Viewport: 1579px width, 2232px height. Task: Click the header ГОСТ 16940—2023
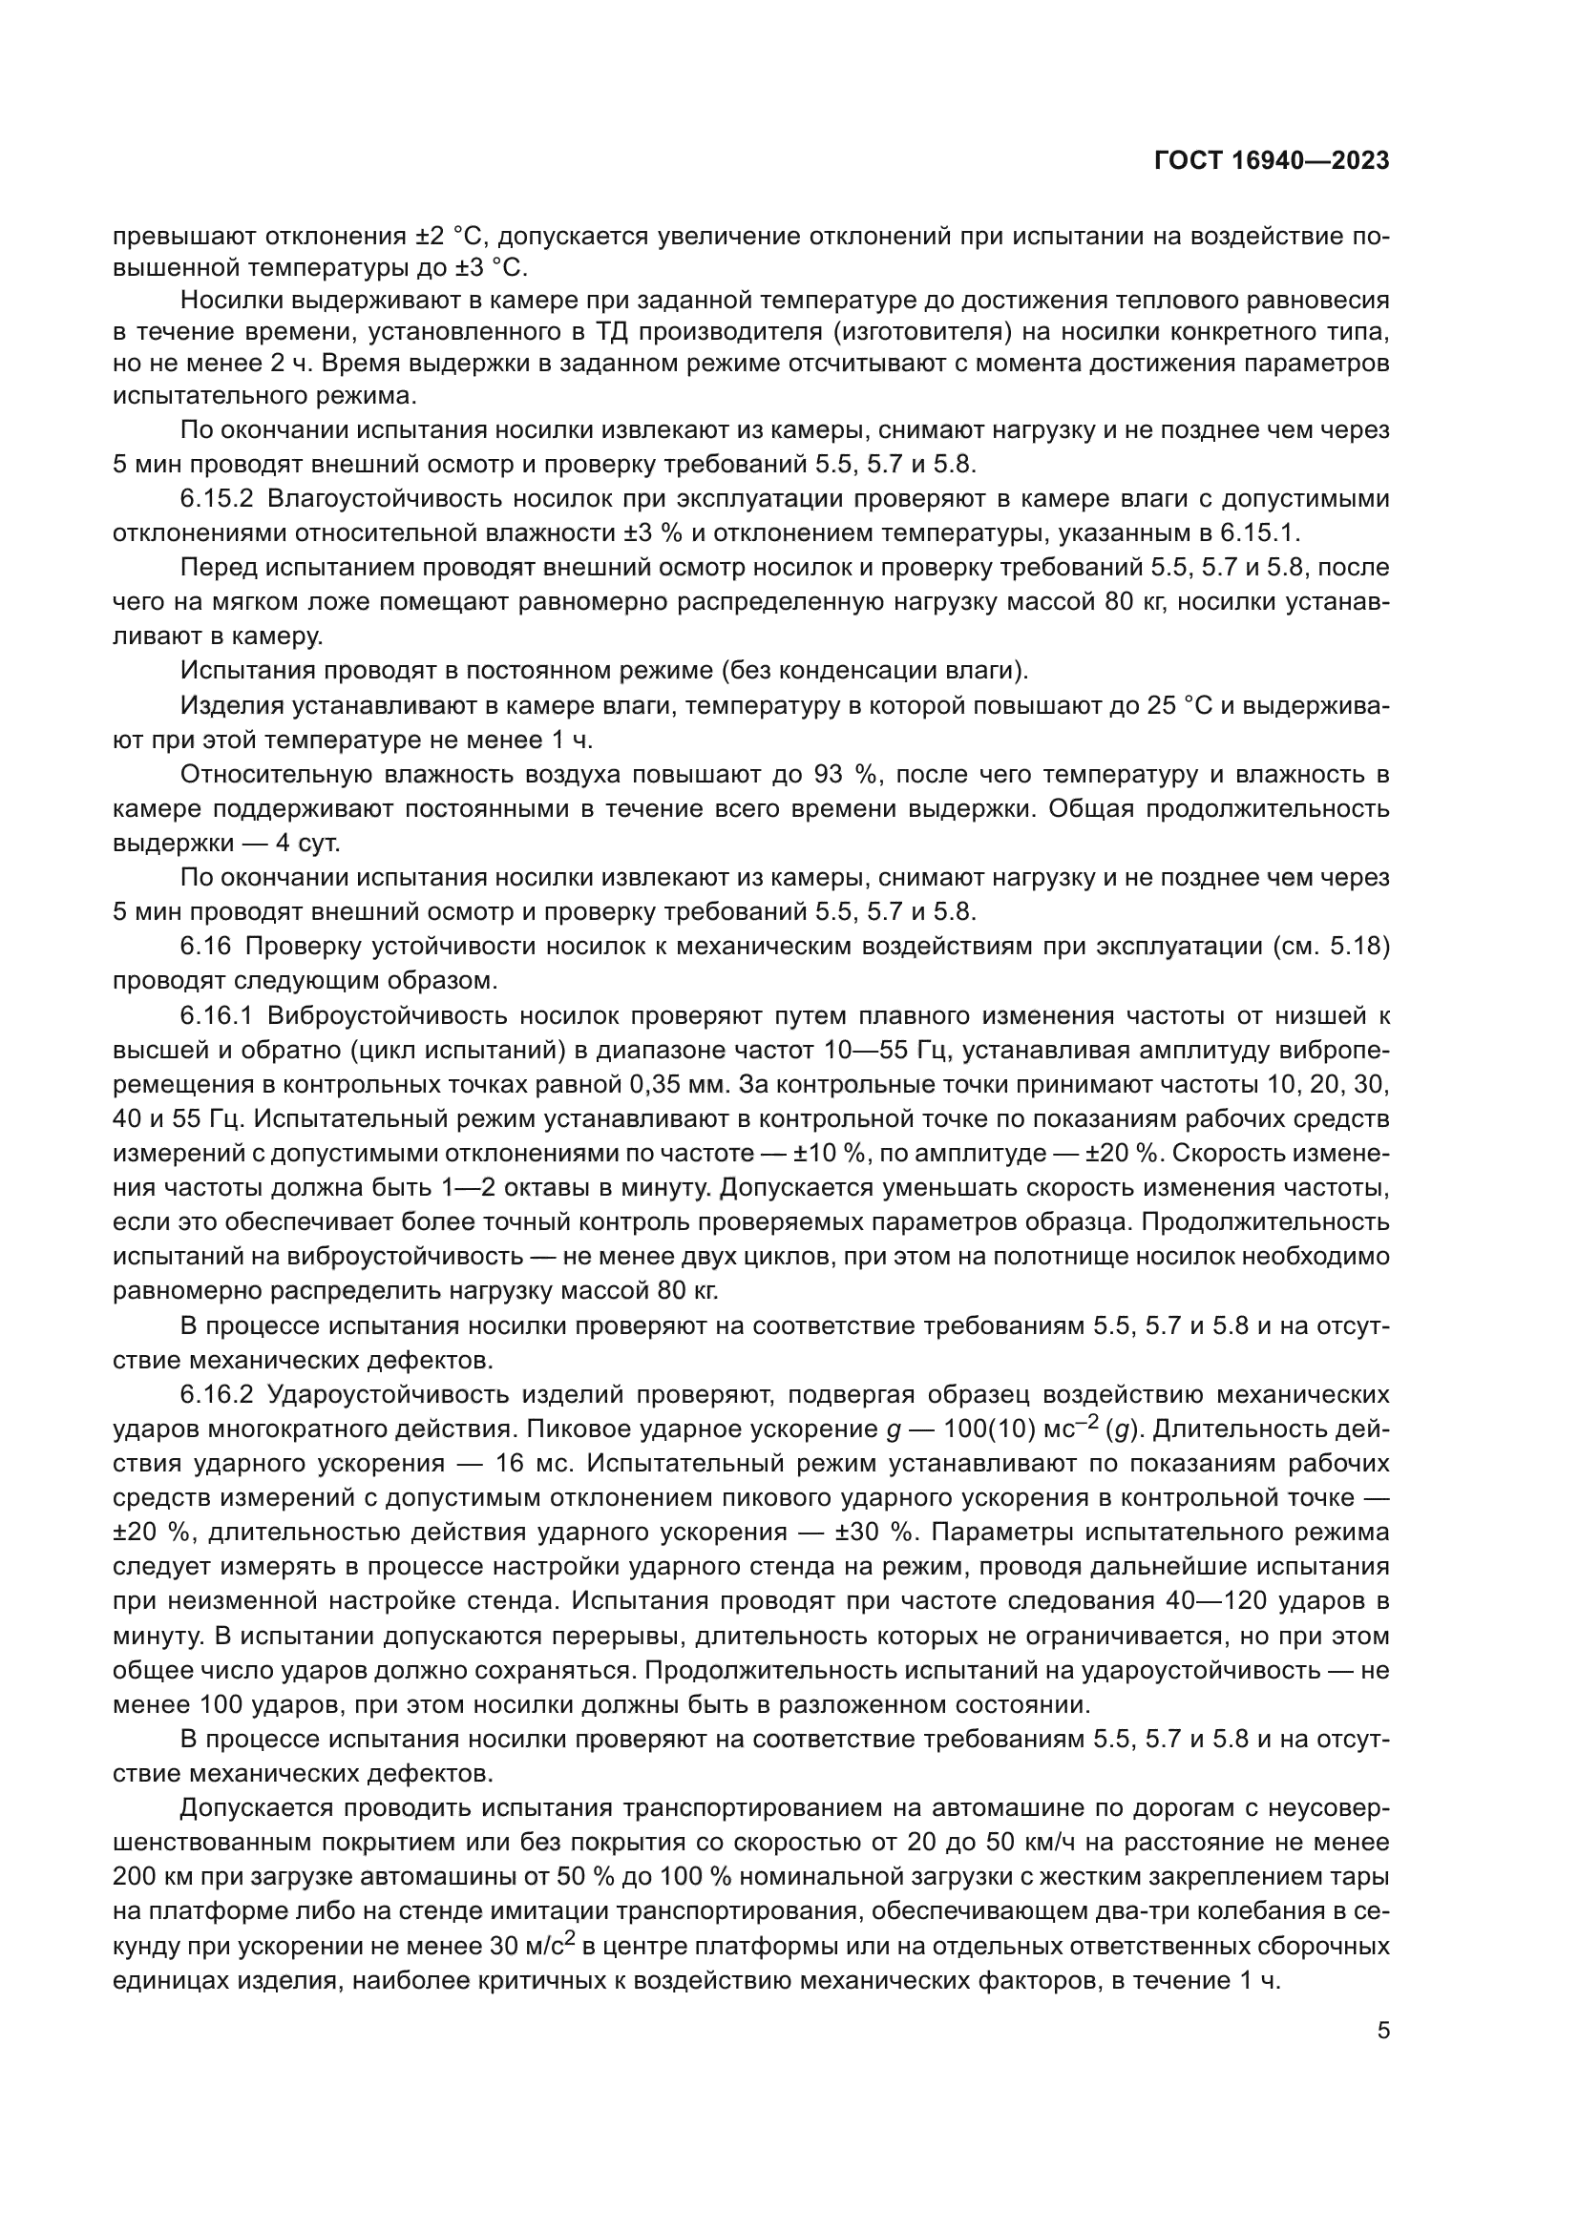tap(1271, 160)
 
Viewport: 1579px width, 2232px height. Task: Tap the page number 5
tap(1382, 2030)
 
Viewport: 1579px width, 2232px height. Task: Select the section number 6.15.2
tap(216, 499)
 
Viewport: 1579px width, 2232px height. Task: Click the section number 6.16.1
tap(216, 1016)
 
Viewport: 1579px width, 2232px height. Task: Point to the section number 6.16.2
tap(216, 1394)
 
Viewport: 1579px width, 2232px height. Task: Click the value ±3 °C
tap(486, 265)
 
